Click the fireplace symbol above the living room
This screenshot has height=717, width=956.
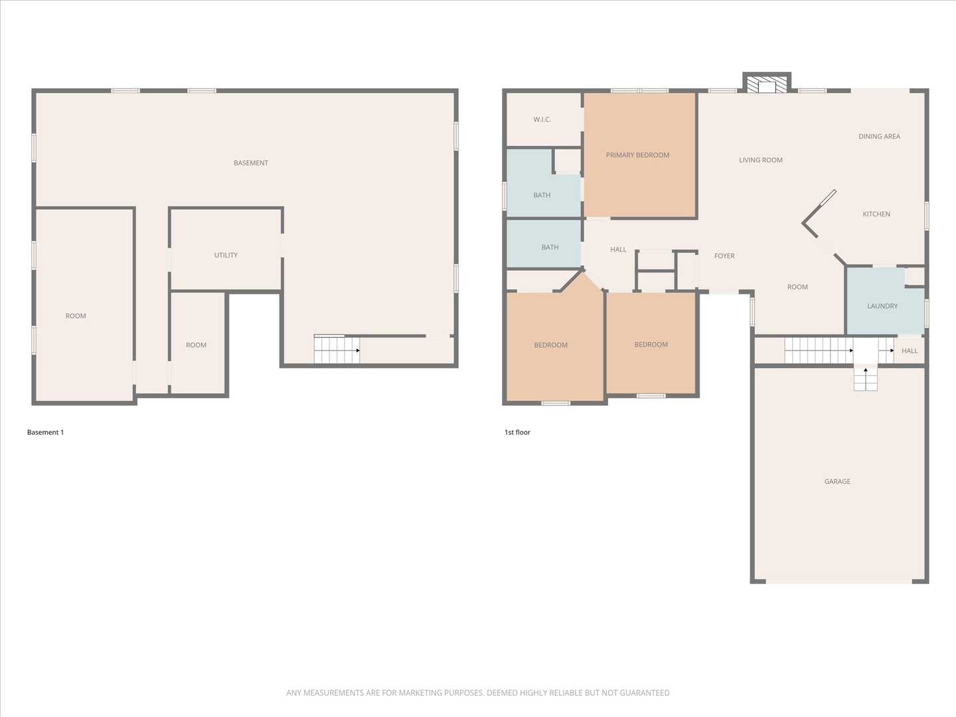click(766, 84)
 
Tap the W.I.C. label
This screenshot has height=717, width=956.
click(542, 119)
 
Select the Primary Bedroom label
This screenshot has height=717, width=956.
click(637, 155)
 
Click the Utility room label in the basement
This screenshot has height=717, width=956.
click(226, 255)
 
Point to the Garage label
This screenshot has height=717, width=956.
click(837, 481)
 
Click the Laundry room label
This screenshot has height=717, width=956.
click(882, 306)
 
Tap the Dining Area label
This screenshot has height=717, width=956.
click(879, 137)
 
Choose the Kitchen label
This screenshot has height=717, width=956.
click(876, 214)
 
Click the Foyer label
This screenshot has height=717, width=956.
click(724, 256)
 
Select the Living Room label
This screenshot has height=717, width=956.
click(761, 160)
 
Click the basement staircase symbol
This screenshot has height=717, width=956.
click(337, 350)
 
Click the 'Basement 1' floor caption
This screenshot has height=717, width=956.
click(45, 432)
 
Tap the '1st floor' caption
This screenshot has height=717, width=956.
click(517, 432)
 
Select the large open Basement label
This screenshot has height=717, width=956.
click(251, 163)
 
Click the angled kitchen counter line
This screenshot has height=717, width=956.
click(819, 207)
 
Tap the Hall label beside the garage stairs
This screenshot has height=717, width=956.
click(910, 351)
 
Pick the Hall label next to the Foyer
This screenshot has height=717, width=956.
click(618, 250)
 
